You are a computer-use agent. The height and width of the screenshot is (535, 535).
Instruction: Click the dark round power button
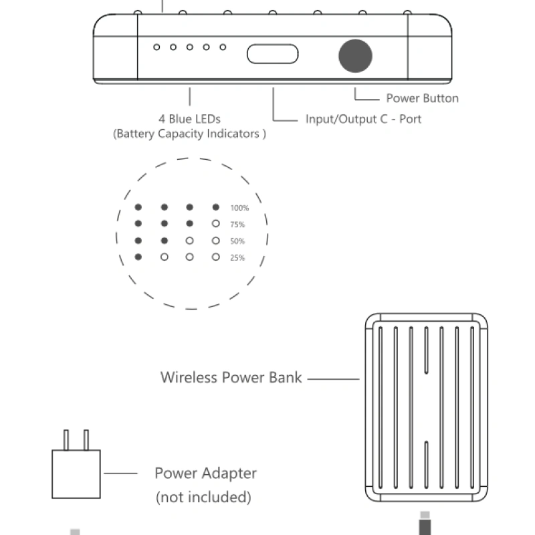click(355, 55)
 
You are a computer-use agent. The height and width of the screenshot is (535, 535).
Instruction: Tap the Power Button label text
click(422, 98)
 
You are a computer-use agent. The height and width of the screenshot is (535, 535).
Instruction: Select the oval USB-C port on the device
click(273, 54)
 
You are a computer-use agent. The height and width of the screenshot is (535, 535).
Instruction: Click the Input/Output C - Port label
click(363, 119)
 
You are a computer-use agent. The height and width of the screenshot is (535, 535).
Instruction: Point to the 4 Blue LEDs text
click(189, 119)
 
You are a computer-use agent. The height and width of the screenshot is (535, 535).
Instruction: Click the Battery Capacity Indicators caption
click(189, 134)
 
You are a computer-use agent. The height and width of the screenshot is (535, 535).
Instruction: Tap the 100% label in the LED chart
click(239, 208)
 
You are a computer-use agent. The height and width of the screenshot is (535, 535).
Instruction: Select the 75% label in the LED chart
click(237, 225)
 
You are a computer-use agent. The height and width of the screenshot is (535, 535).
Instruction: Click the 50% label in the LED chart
click(237, 241)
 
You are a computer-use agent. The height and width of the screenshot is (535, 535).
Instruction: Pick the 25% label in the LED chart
click(237, 258)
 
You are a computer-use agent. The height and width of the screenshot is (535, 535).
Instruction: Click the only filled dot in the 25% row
click(138, 257)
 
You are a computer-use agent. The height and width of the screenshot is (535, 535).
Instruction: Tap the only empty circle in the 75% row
click(215, 224)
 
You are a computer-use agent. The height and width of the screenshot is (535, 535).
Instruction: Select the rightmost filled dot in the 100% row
click(215, 207)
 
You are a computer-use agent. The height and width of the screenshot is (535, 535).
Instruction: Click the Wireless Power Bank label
click(231, 377)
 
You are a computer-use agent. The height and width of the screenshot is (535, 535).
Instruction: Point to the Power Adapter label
click(205, 473)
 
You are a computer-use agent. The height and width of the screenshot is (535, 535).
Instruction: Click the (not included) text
click(203, 497)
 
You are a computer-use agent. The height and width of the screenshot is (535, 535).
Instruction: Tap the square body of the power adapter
click(76, 473)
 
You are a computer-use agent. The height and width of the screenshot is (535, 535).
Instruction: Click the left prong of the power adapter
click(66, 440)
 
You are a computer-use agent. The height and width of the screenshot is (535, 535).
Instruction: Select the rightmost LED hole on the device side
click(223, 47)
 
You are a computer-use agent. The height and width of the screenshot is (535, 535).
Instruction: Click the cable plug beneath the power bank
click(424, 524)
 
